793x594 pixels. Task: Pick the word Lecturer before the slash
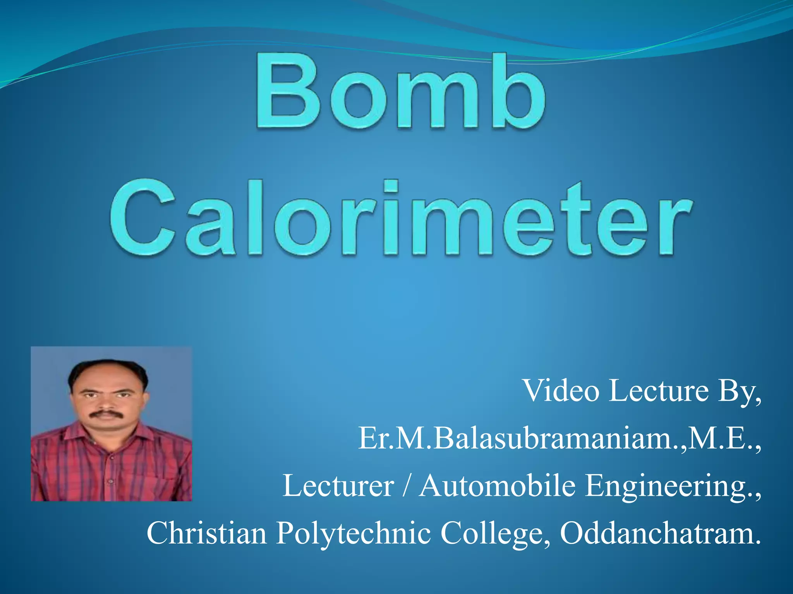(x=338, y=486)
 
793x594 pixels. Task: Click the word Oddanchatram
(x=660, y=533)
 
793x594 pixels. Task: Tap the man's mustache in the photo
(x=106, y=414)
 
